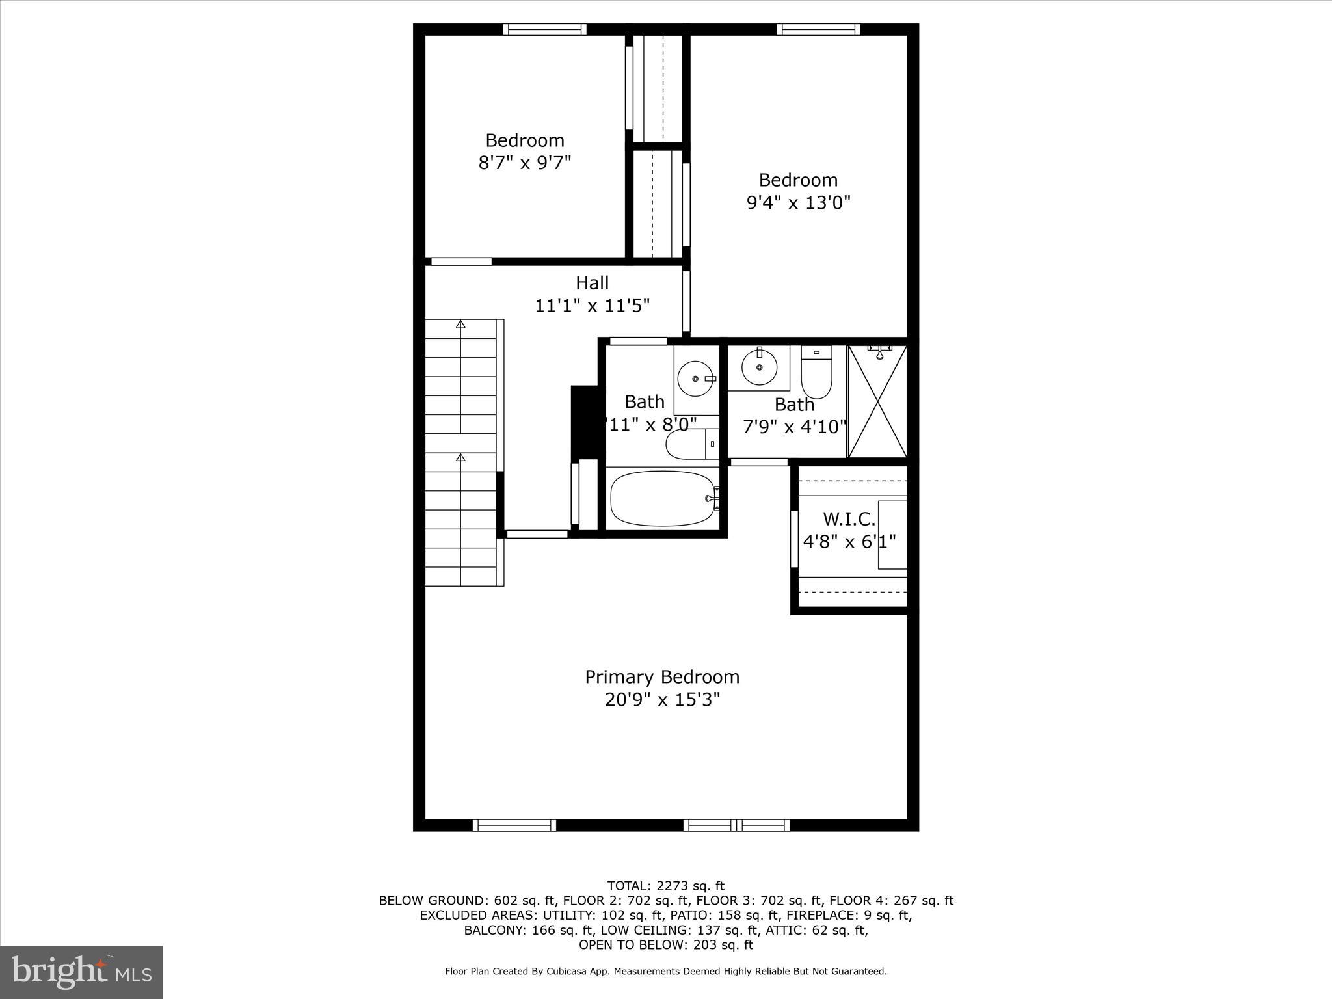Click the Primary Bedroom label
click(662, 677)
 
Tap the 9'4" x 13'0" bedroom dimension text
click(798, 203)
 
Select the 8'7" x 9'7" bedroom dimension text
click(524, 163)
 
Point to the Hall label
click(592, 283)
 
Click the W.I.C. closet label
click(849, 519)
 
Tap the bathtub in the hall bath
click(662, 498)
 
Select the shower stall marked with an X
click(877, 401)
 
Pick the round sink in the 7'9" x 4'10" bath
click(759, 367)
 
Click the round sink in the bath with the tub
click(695, 378)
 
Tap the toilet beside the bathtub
click(691, 444)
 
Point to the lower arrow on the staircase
click(461, 458)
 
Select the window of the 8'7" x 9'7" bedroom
click(544, 29)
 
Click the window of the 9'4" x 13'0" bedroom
click(818, 29)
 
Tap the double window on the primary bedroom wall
click(736, 825)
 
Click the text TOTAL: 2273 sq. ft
click(665, 886)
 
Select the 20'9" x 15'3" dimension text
click(662, 700)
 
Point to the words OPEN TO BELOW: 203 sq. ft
click(665, 944)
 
